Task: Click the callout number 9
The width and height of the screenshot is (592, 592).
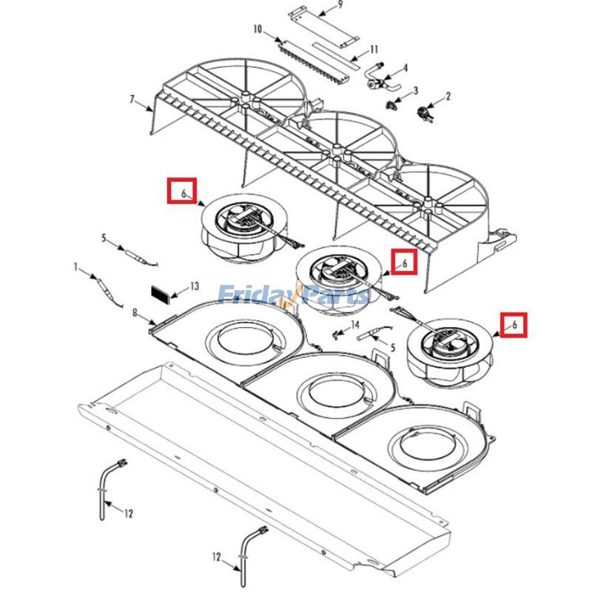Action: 340,5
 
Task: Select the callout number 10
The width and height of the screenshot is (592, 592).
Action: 258,29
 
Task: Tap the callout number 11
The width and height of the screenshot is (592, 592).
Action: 374,50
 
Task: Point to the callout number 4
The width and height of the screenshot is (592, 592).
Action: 406,68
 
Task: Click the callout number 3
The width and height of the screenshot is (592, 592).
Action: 416,90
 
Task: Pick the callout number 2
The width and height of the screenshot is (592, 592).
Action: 448,96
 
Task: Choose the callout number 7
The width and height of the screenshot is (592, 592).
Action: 132,99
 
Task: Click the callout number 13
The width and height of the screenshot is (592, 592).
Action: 195,286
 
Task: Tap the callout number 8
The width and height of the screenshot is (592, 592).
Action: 135,313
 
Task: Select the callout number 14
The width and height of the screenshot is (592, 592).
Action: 355,325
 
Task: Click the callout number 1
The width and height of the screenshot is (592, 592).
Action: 76,268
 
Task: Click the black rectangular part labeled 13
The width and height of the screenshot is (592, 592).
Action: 161,292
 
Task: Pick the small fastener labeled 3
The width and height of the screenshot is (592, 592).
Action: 391,104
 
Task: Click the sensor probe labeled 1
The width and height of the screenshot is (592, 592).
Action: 107,291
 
